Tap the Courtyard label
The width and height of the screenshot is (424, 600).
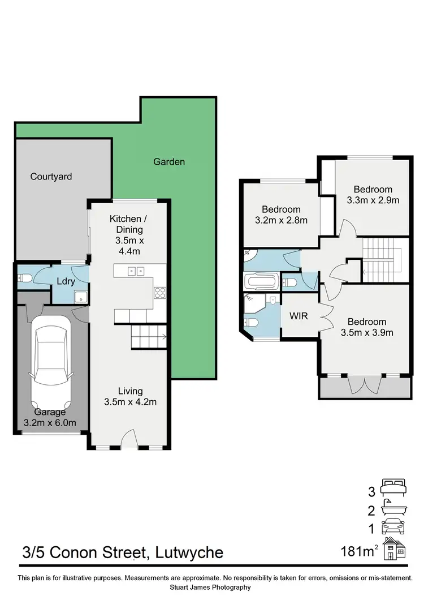51,177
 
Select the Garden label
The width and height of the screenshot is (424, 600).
169,162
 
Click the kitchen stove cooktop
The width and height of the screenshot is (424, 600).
159,293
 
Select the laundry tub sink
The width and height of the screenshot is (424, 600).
81,295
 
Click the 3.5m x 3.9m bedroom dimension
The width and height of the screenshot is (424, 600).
367,333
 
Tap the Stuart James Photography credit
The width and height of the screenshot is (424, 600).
212,588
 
